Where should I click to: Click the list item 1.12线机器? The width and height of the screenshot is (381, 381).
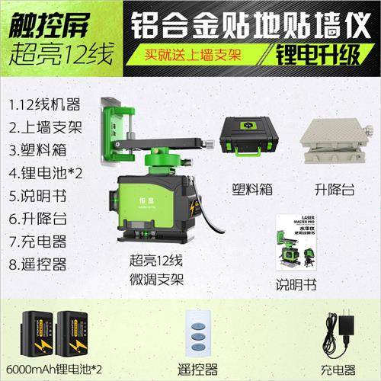pyautogui.click(x=43, y=104)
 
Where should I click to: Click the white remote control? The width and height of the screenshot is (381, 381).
pyautogui.click(x=200, y=333)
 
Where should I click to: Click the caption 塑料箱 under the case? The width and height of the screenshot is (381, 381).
pyautogui.click(x=245, y=187)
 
